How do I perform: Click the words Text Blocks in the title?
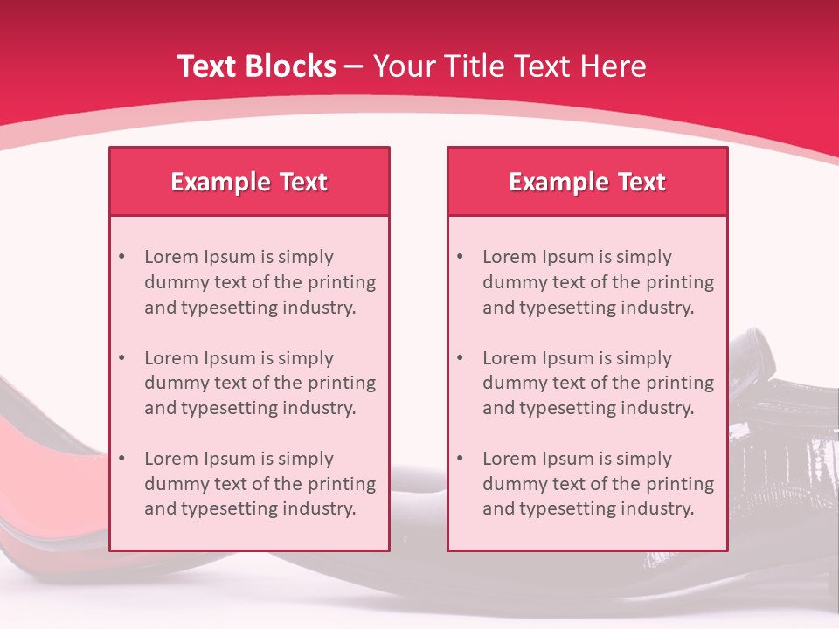coord(256,66)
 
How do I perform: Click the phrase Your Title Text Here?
coord(510,66)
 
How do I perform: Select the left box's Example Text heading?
coord(249,182)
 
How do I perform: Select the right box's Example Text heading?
coord(587,182)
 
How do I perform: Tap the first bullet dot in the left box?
coord(121,257)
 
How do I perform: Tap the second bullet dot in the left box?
coord(121,358)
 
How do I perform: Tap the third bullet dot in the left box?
coord(121,459)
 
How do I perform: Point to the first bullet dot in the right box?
coord(460,257)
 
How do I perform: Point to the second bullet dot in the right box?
coord(460,358)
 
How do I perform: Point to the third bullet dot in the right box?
coord(460,459)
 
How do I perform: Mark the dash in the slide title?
coord(354,66)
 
